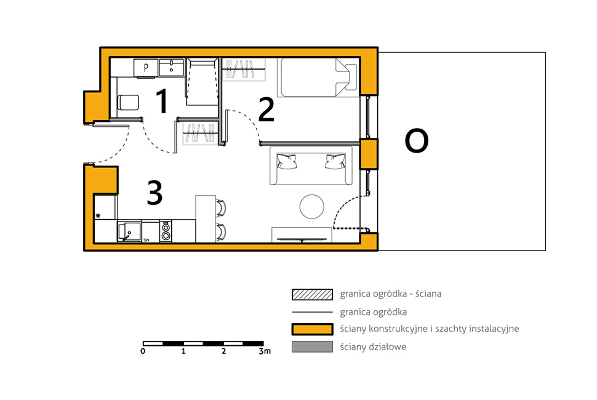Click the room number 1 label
[x=162, y=101]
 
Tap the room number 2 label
[x=266, y=110]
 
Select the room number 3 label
[x=155, y=193]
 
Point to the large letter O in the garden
[x=417, y=141]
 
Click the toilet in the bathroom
[x=128, y=102]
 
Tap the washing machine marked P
[x=145, y=68]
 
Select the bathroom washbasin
[x=171, y=67]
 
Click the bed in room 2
[x=319, y=78]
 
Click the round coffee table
[x=312, y=206]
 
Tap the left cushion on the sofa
[x=287, y=161]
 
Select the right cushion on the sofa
[x=335, y=161]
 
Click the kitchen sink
[x=129, y=231]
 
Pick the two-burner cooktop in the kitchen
[x=166, y=231]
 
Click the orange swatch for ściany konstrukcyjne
[x=312, y=329]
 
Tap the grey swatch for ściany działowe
[x=312, y=346]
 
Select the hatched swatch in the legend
[x=312, y=294]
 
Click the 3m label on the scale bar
[x=265, y=351]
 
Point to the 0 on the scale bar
[x=143, y=351]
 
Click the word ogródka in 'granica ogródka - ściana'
[x=389, y=294]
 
